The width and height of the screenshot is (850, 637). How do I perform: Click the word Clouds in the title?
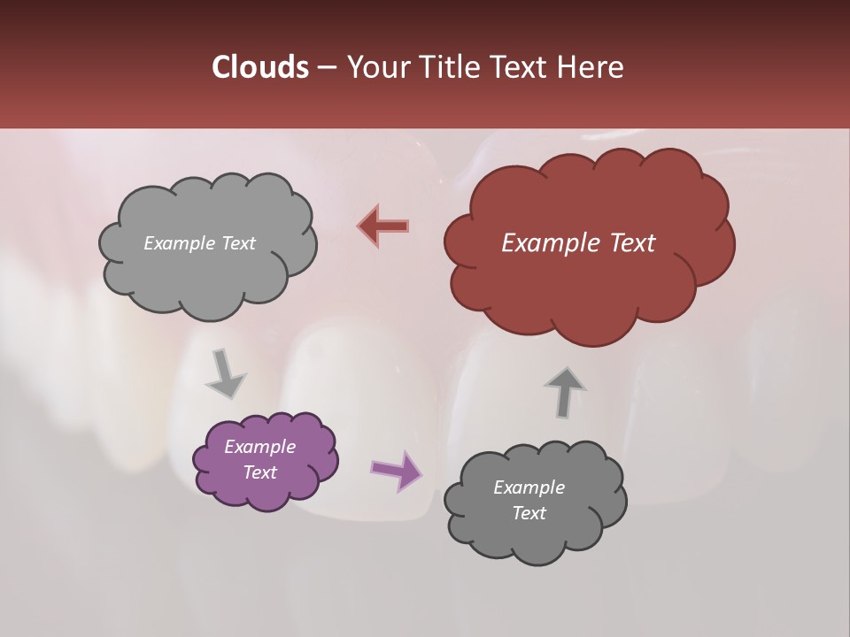[x=259, y=67]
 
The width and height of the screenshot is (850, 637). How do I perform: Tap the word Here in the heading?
[x=591, y=67]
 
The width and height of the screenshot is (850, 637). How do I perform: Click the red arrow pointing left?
[x=384, y=226]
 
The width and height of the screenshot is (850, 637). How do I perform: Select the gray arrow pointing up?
[x=565, y=392]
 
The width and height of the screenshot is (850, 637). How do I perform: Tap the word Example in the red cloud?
[x=544, y=243]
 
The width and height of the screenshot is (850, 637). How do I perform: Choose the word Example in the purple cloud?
[x=259, y=447]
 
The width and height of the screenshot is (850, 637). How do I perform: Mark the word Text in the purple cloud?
[x=259, y=472]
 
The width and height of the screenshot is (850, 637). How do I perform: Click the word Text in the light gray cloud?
[x=238, y=243]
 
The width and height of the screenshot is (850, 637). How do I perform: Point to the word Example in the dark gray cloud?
[x=529, y=487]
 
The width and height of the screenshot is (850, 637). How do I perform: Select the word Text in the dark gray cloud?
[x=529, y=513]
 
